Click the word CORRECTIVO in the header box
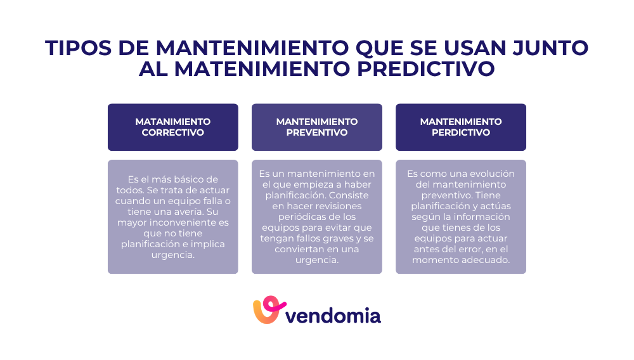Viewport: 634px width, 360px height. click(173, 132)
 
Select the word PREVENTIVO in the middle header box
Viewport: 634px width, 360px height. click(317, 132)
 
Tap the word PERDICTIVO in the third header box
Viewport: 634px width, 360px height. click(461, 132)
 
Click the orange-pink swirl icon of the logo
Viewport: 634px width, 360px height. click(266, 311)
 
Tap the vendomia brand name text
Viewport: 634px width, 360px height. click(333, 314)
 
